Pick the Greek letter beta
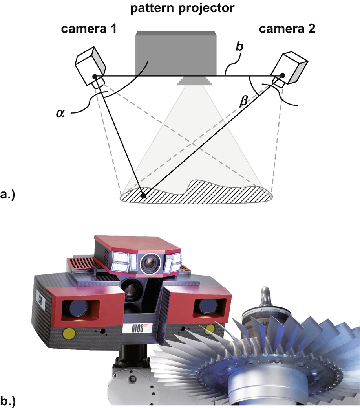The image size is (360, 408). (244, 102)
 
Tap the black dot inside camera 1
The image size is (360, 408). (95, 76)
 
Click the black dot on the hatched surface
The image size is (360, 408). (144, 195)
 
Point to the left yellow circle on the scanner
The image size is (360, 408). (69, 333)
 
